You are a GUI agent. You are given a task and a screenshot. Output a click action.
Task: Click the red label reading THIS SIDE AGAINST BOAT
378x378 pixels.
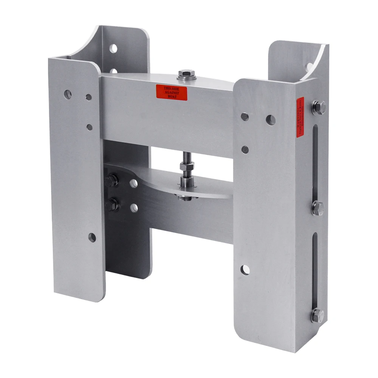tap(172, 92)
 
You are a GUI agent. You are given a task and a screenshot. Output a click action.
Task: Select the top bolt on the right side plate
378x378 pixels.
tap(319, 107)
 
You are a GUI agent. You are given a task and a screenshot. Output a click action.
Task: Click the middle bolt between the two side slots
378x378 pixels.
tap(318, 208)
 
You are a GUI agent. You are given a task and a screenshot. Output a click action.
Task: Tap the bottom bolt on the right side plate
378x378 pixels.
tap(318, 315)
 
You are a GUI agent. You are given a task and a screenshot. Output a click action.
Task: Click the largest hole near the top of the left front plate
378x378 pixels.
tap(68, 94)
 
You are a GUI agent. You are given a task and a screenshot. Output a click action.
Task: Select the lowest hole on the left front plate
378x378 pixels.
tap(92, 237)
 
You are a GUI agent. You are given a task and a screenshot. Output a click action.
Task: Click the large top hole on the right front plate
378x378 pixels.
tap(270, 120)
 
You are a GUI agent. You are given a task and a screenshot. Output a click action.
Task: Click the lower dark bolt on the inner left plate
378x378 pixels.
tap(113, 205)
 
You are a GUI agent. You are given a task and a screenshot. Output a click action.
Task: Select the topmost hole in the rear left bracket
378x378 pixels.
tap(113, 48)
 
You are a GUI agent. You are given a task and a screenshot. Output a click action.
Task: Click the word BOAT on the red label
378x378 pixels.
tap(172, 97)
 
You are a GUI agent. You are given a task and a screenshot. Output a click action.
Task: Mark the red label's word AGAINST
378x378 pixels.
tap(172, 92)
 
